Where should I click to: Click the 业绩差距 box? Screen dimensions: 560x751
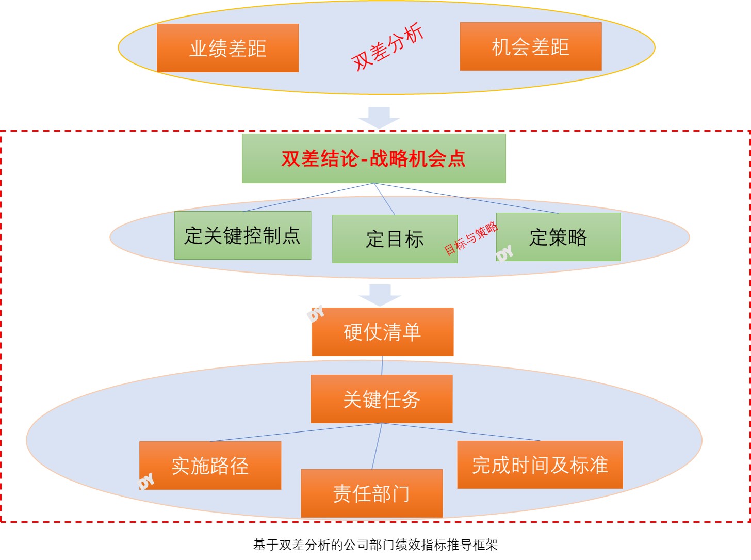tap(227, 48)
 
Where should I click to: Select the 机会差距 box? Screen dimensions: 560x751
tap(530, 46)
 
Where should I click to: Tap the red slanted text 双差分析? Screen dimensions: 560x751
tap(387, 46)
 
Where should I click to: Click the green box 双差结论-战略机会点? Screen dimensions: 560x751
tap(373, 158)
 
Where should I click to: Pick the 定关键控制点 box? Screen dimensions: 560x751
tap(242, 235)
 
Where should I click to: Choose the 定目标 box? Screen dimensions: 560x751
tap(395, 239)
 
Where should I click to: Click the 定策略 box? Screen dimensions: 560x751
tap(558, 237)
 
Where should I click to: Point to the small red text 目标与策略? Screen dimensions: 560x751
tap(471, 238)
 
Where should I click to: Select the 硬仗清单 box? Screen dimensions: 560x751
tap(382, 332)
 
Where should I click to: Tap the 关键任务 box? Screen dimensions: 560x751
tap(381, 399)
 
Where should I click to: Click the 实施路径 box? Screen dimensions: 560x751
tap(210, 466)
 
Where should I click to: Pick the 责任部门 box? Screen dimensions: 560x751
tap(371, 493)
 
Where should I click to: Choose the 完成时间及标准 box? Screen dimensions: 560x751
tap(540, 465)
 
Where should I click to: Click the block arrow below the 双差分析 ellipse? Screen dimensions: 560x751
tap(379, 117)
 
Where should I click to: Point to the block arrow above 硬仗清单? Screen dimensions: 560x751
tap(380, 294)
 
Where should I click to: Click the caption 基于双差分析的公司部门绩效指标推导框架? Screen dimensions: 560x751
tap(375, 545)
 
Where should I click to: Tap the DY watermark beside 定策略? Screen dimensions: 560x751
tap(504, 253)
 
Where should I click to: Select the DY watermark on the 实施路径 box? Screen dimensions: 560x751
tap(146, 481)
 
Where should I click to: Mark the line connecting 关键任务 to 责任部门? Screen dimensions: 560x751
tap(377, 446)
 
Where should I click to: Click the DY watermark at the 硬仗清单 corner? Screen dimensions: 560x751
tap(315, 313)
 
